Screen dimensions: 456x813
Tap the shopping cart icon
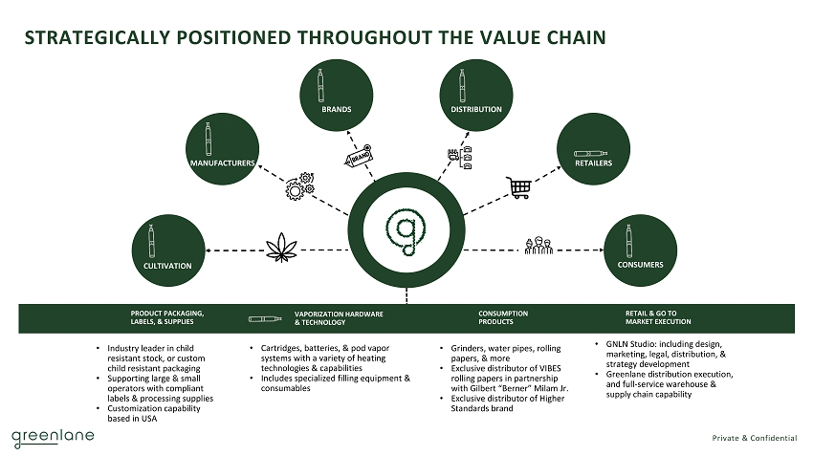pyautogui.click(x=518, y=187)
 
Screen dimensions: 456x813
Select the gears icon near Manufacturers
pyautogui.click(x=299, y=185)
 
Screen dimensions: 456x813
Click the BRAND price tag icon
pyautogui.click(x=358, y=158)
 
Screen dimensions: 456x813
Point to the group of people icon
pyautogui.click(x=538, y=246)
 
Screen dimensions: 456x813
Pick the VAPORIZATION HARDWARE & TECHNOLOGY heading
pyautogui.click(x=339, y=317)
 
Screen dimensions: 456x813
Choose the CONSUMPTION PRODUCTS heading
pyautogui.click(x=502, y=317)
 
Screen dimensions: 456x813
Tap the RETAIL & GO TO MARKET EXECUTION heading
pyautogui.click(x=658, y=317)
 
